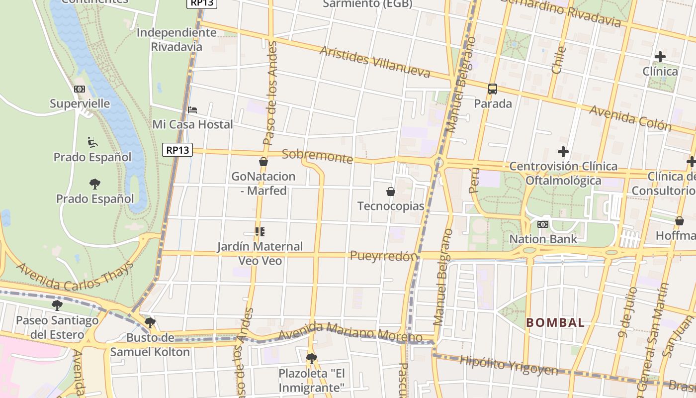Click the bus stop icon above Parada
[493, 89]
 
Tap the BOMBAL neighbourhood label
[555, 322]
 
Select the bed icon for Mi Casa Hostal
[192, 109]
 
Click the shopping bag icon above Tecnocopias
[391, 192]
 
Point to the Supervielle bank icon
[80, 89]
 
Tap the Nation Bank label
[543, 239]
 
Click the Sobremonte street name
[317, 156]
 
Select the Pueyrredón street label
[383, 256]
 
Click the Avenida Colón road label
[630, 118]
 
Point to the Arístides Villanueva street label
[375, 62]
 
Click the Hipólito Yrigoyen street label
[508, 365]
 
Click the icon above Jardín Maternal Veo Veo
[260, 232]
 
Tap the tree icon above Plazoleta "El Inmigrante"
[312, 358]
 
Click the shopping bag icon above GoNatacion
[263, 162]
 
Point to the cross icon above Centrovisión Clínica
[563, 151]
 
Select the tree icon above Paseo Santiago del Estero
[57, 305]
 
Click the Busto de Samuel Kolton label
[150, 345]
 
